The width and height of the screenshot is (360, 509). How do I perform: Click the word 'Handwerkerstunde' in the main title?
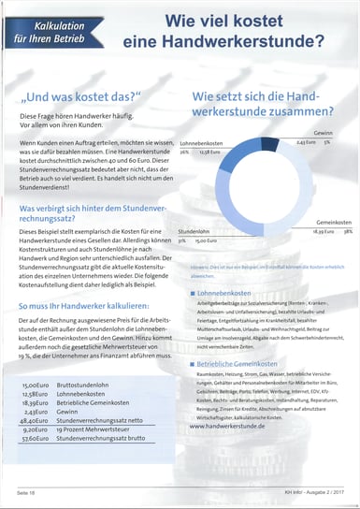(x=247, y=41)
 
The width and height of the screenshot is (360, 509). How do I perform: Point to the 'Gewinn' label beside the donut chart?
(x=324, y=133)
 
